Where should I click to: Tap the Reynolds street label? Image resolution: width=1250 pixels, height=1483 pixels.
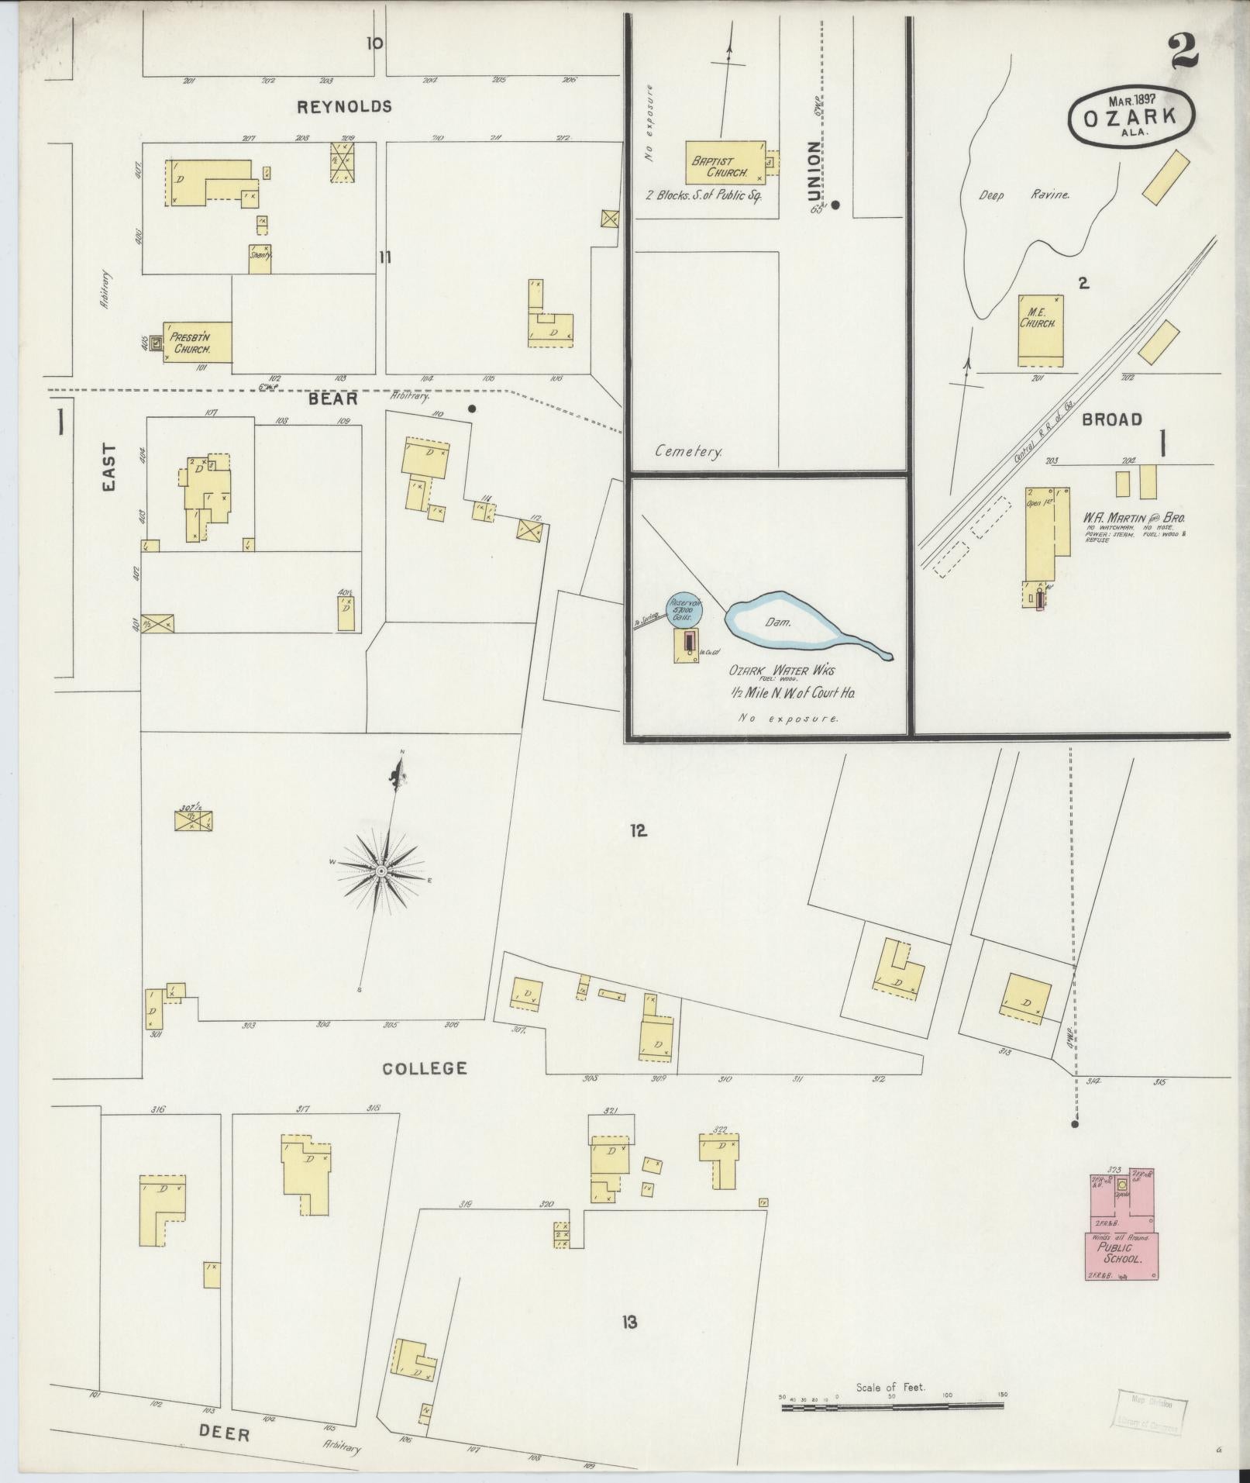pyautogui.click(x=345, y=107)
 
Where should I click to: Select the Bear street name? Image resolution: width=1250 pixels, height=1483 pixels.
pyautogui.click(x=333, y=399)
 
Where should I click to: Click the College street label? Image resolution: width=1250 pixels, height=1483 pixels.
pyautogui.click(x=425, y=1068)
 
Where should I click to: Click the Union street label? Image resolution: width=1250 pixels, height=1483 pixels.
pyautogui.click(x=811, y=170)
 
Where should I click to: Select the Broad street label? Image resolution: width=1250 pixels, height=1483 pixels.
pyautogui.click(x=1112, y=419)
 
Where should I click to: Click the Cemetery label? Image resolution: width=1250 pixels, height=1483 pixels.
pyautogui.click(x=688, y=451)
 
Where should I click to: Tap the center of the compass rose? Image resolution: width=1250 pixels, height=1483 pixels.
pyautogui.click(x=381, y=872)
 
